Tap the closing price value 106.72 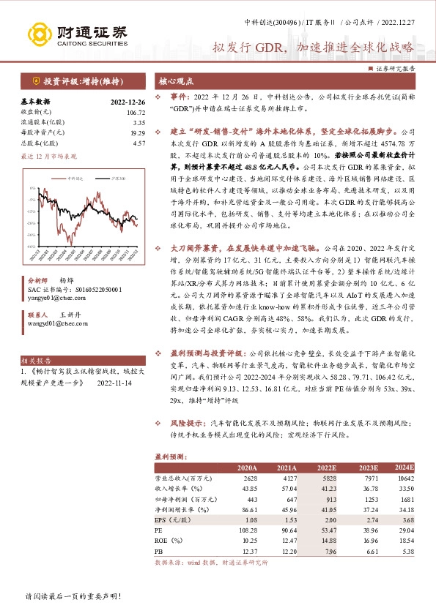point(136,113)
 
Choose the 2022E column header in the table point(326,467)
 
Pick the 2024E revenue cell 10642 point(404,478)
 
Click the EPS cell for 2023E point(367,518)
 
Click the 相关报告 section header point(36,361)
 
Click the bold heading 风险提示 point(186,424)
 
